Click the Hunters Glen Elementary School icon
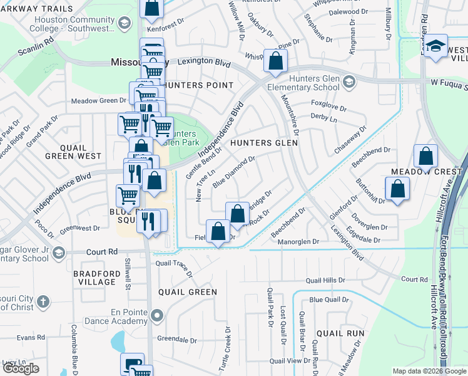[x=349, y=81]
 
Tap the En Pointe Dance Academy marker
[x=157, y=315]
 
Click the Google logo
[x=21, y=368]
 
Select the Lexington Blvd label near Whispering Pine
[x=203, y=62]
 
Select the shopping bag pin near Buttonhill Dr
[x=397, y=189]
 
